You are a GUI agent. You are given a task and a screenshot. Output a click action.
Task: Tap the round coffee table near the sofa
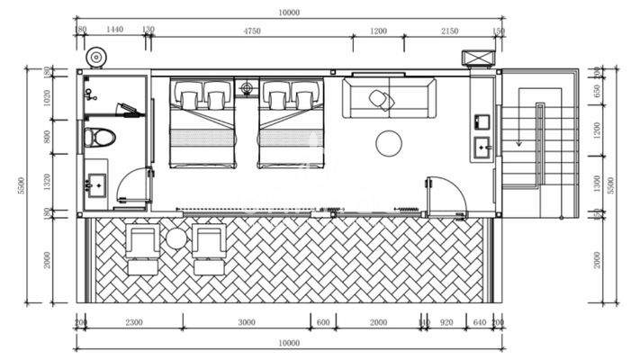tap(388, 142)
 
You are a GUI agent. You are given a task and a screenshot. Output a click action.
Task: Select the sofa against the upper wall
tap(390, 98)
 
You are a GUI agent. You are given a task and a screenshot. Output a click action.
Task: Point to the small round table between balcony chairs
tap(177, 238)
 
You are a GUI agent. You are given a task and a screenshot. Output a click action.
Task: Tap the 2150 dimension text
tap(449, 31)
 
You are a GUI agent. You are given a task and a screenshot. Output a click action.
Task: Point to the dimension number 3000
tap(247, 321)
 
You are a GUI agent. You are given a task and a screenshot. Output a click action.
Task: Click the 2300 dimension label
tap(133, 321)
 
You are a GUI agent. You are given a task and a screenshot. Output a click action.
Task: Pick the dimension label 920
tap(446, 321)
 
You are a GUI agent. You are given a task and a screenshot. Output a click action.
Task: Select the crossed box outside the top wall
tap(475, 58)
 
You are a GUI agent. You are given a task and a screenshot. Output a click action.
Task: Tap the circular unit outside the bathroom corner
tap(96, 58)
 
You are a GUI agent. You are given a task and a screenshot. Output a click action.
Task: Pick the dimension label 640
tap(479, 321)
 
